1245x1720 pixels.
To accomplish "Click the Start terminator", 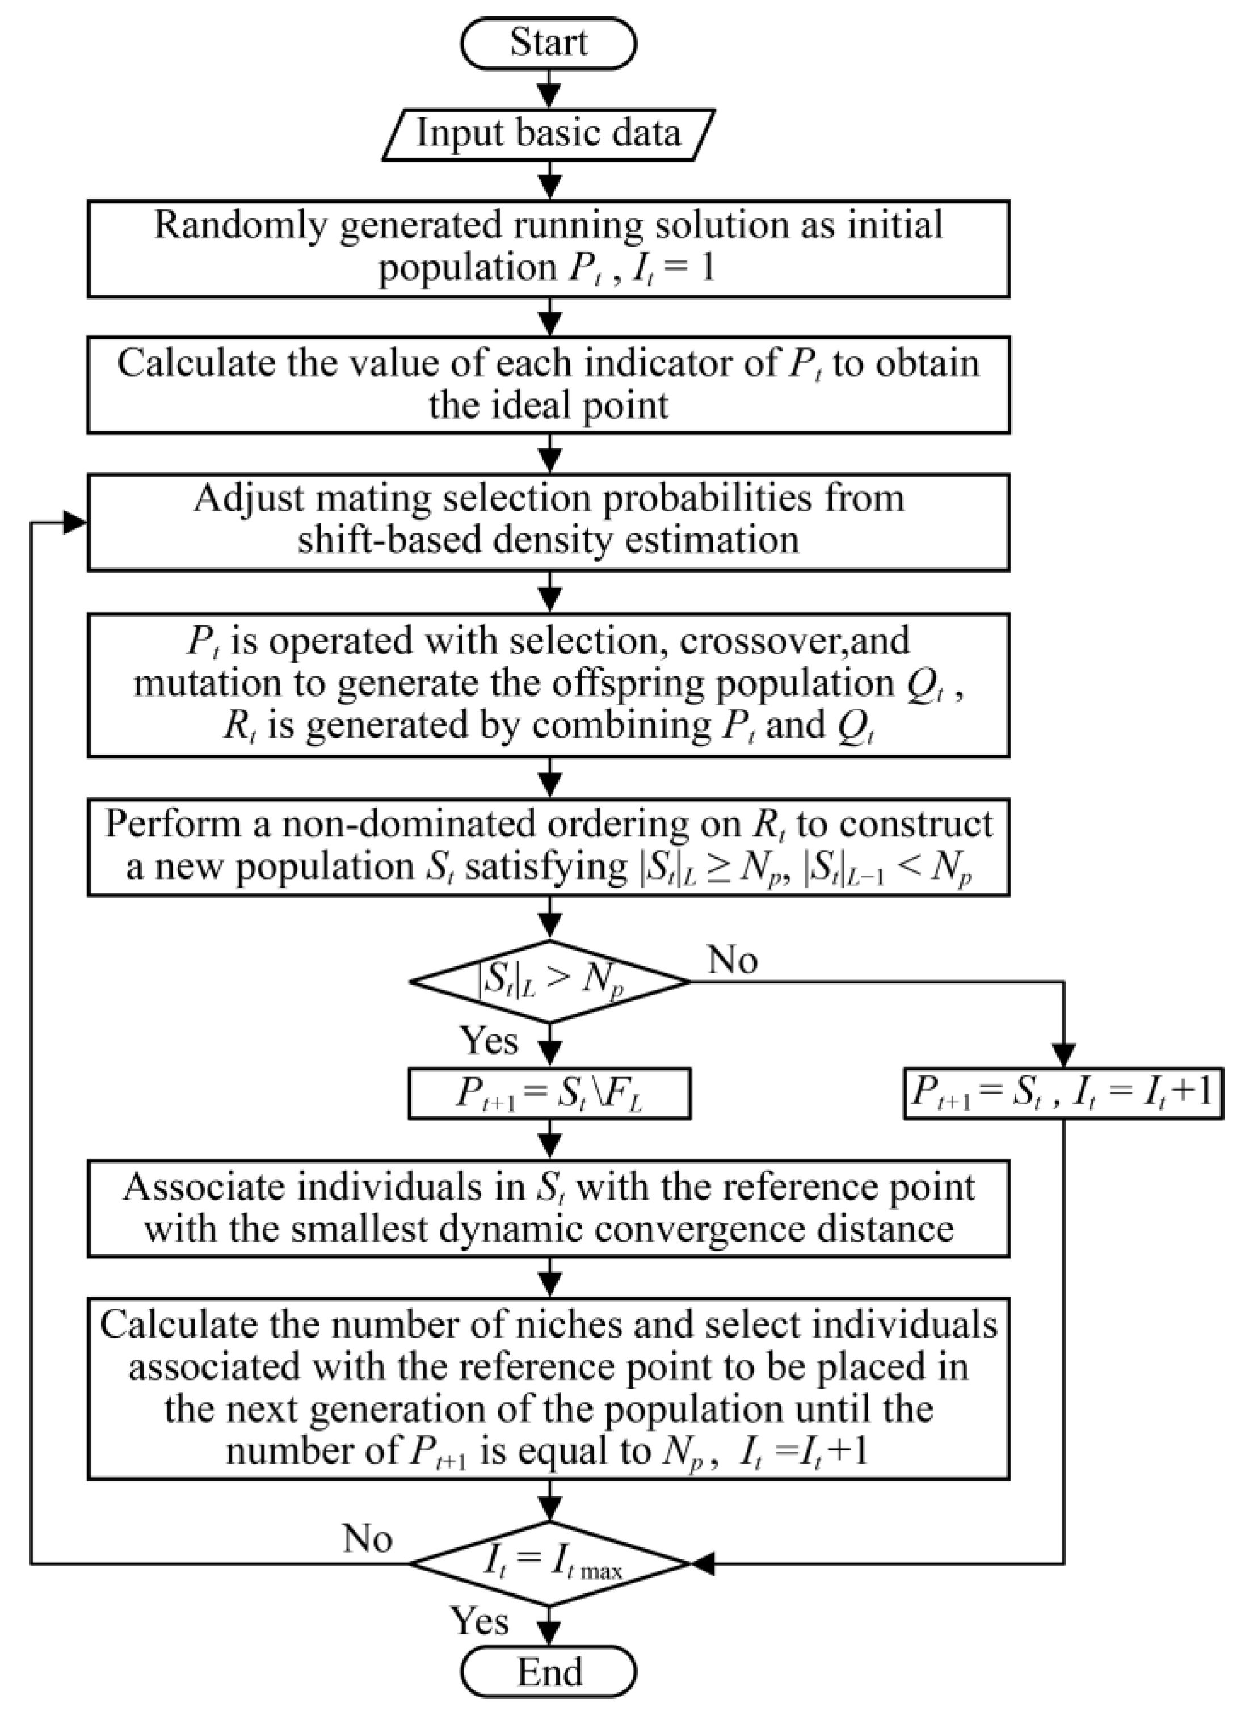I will point(548,43).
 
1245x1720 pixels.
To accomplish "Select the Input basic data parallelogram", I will point(548,134).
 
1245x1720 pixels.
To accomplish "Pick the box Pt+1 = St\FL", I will point(549,1094).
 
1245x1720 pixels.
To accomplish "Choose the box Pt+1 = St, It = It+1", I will point(1062,1094).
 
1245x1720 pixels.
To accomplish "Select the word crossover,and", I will point(794,640).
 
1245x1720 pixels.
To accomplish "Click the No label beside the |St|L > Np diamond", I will point(731,961).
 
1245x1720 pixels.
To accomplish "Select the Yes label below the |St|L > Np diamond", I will point(489,1041).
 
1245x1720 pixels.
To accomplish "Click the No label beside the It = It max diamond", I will point(367,1540).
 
